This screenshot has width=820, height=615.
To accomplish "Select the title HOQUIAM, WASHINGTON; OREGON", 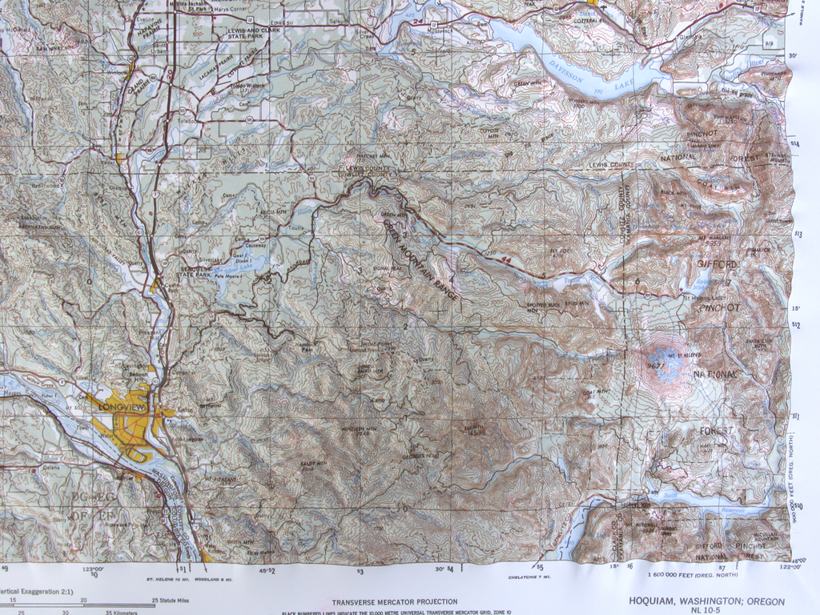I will pos(706,601).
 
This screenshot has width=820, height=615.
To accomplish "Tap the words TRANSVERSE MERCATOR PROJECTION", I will pos(395,601).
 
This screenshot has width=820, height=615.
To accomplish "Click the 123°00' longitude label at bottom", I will pos(93,569).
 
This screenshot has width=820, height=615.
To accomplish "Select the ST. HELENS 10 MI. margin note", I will pos(166,577).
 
